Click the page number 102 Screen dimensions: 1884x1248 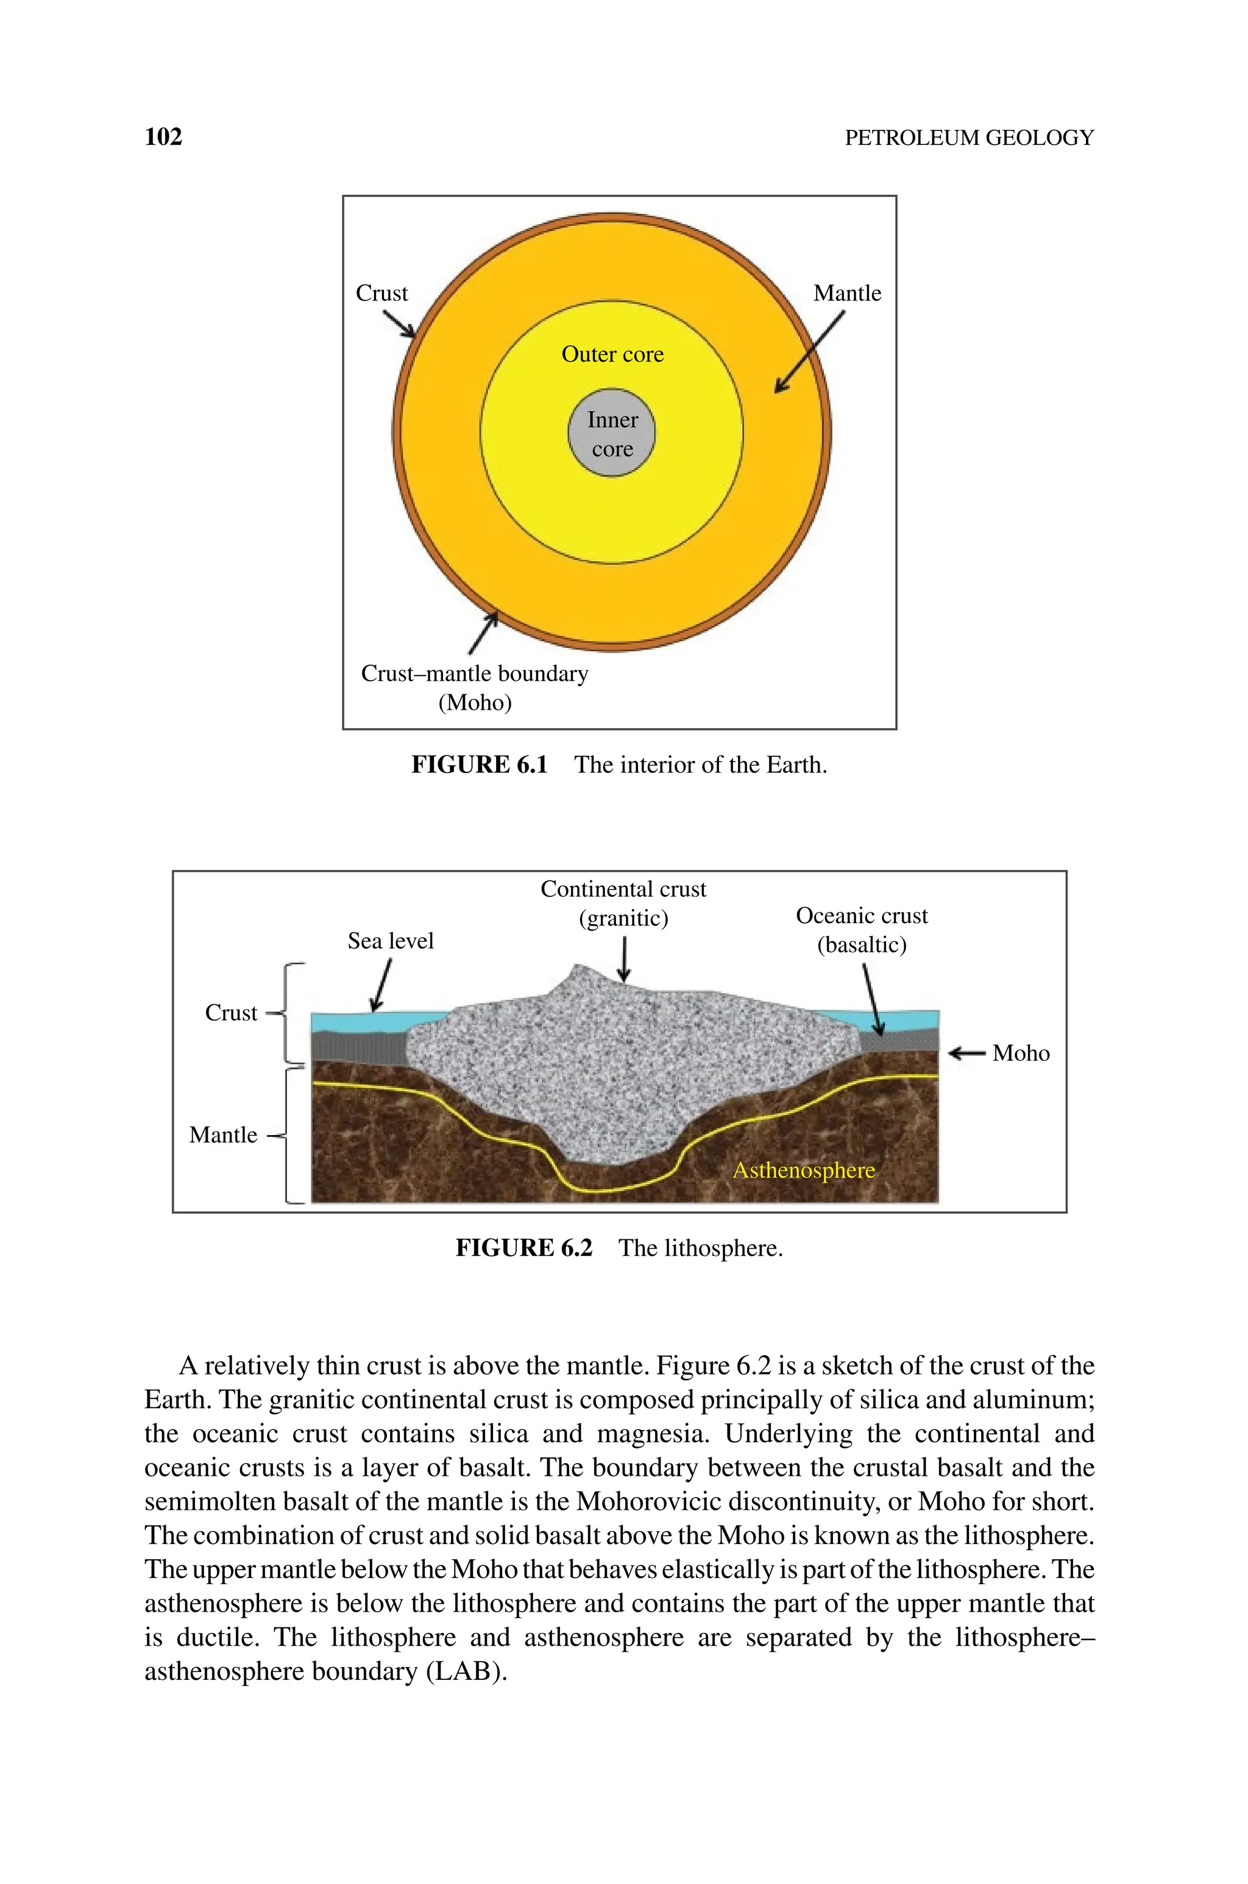[x=163, y=137]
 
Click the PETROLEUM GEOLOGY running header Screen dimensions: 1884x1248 [x=969, y=138]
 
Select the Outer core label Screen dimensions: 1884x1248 [x=612, y=354]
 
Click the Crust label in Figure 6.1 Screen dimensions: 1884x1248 [x=381, y=294]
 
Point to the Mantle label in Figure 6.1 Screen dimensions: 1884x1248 [x=847, y=294]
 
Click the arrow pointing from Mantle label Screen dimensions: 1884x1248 [x=809, y=352]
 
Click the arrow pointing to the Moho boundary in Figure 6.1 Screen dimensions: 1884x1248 [x=483, y=632]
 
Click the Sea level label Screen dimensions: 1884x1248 [x=391, y=941]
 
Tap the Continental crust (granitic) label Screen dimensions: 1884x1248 [x=623, y=903]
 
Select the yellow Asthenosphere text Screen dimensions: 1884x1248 [x=803, y=1170]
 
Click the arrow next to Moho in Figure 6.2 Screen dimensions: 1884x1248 [x=966, y=1054]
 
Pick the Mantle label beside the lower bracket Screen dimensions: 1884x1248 [x=223, y=1135]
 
